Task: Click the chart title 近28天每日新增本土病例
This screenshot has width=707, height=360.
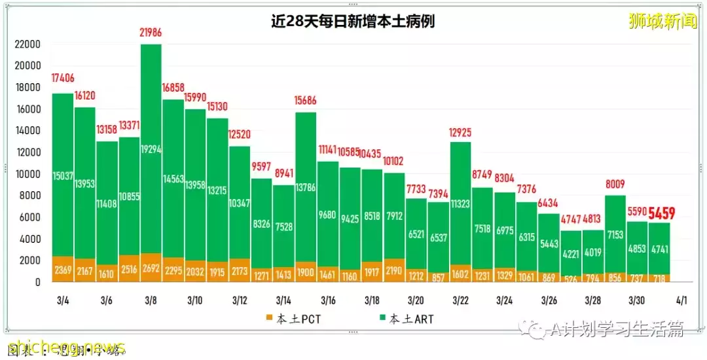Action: [353, 22]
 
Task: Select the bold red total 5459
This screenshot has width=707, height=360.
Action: [662, 213]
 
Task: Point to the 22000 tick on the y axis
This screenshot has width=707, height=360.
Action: [28, 45]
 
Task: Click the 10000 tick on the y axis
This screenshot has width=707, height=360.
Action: [28, 174]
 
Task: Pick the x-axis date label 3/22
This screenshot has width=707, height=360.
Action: [460, 300]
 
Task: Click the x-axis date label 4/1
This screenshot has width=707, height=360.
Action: [681, 300]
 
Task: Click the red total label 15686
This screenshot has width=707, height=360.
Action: [306, 100]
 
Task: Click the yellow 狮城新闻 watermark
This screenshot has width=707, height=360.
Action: [662, 22]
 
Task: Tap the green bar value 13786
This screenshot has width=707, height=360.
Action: [306, 188]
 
